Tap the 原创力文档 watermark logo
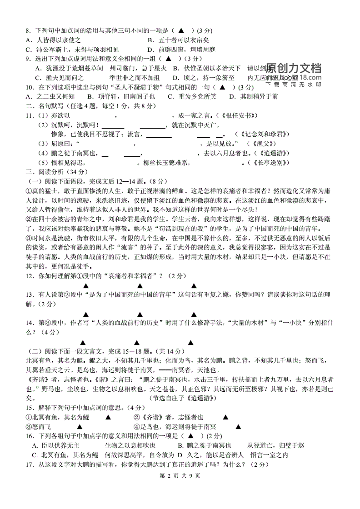click(293, 69)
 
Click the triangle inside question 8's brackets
click(180, 31)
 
